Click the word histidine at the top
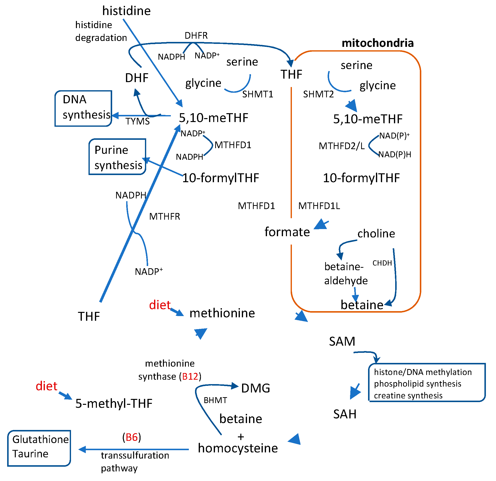coord(126,11)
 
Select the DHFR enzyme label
coord(196,36)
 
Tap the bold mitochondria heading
coord(377,43)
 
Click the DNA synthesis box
coord(83,108)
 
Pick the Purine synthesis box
coord(117,157)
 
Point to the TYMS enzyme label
coord(138,122)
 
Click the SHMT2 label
coord(318,94)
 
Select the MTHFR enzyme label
coord(164,217)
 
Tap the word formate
coord(287,232)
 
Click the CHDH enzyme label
coord(382,263)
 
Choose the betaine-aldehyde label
coord(346,274)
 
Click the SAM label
coord(342,342)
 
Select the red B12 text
coord(190,376)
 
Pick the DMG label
coord(255,388)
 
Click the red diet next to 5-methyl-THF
coord(47,386)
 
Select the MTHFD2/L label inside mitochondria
coord(341,146)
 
